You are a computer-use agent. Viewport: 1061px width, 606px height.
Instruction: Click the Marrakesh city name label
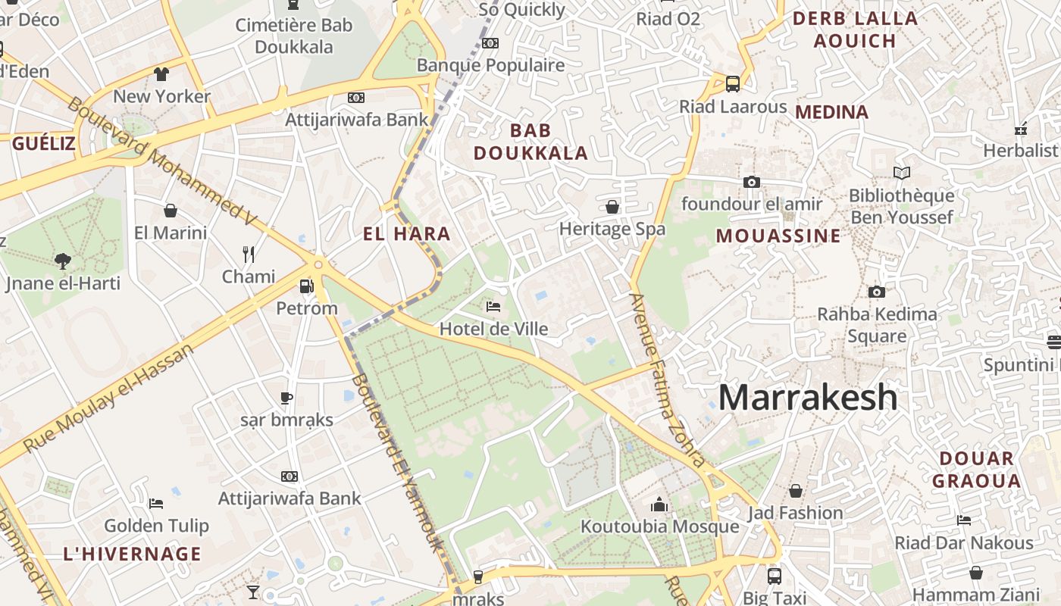click(807, 398)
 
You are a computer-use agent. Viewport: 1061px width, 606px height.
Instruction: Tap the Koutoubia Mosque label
click(659, 526)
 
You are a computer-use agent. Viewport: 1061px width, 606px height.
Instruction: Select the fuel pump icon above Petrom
click(306, 286)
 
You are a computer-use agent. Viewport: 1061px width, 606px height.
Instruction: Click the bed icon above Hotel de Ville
click(493, 307)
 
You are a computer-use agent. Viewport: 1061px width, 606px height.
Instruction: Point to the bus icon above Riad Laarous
click(732, 84)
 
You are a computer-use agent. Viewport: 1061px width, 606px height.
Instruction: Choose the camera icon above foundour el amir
click(751, 182)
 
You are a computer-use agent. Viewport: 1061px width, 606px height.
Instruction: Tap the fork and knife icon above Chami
click(248, 254)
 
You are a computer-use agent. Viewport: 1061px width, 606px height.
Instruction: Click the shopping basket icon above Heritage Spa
click(612, 207)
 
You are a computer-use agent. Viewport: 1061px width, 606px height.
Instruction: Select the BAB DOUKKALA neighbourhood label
click(530, 142)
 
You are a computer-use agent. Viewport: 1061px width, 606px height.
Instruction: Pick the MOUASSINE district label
click(778, 236)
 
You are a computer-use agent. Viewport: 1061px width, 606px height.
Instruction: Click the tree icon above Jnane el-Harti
click(63, 261)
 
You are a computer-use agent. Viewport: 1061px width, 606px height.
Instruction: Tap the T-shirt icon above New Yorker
click(161, 74)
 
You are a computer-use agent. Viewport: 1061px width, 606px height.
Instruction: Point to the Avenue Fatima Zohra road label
click(667, 379)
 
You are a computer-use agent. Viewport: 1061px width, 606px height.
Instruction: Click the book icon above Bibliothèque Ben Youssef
click(901, 173)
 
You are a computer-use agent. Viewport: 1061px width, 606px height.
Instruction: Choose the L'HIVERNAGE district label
click(132, 554)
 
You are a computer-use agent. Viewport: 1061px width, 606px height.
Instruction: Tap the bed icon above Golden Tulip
click(156, 503)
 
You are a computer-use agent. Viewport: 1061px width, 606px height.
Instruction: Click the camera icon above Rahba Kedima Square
click(876, 292)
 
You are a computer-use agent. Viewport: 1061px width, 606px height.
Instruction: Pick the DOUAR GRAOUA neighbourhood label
click(976, 470)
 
